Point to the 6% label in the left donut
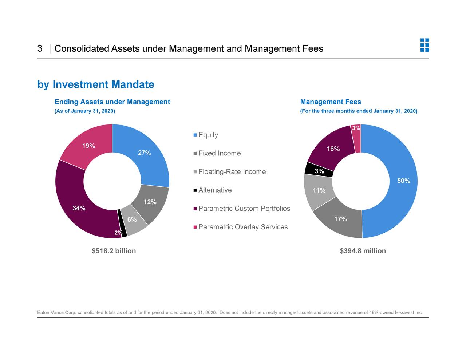coord(132,219)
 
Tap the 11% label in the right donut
coord(319,190)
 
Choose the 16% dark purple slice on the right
coord(333,149)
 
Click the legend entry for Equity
coord(208,135)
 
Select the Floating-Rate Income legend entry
coord(232,172)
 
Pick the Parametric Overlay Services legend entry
coord(243,227)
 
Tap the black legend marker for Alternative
coord(195,190)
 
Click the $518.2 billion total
coord(114,251)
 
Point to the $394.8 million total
coord(363,251)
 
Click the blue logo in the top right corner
coord(424,45)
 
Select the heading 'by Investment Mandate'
coord(96,84)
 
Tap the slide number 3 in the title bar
coord(40,48)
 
